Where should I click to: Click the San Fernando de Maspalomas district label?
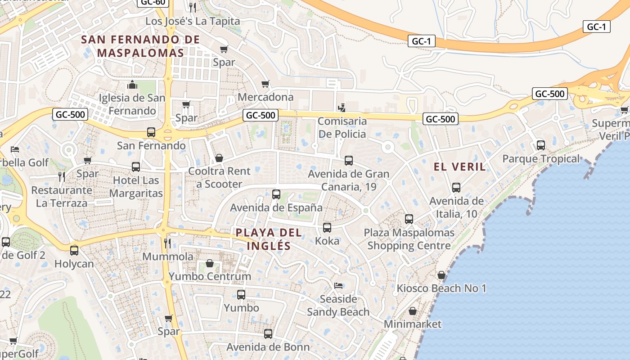[x=140, y=46]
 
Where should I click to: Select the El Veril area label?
[x=460, y=167]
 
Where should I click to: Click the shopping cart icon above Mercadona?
[x=265, y=84]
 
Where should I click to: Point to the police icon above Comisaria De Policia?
[x=342, y=108]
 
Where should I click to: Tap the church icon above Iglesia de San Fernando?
[x=132, y=85]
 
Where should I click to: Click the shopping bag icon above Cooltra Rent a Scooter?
[x=219, y=158]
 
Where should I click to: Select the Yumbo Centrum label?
[x=210, y=276]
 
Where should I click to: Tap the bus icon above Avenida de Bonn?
[x=268, y=334]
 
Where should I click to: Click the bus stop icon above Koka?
[x=327, y=228]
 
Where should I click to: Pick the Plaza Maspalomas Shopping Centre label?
[x=409, y=239]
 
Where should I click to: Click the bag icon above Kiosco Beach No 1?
[x=441, y=275]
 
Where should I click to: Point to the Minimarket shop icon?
[x=413, y=311]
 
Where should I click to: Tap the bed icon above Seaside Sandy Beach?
[x=338, y=286]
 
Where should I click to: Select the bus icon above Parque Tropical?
[x=541, y=145]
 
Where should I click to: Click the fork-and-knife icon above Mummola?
[x=167, y=243]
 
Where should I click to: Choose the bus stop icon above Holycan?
[x=74, y=251]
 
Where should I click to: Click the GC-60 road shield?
[x=153, y=2]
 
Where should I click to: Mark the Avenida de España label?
[x=276, y=208]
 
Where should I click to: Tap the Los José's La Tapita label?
[x=193, y=21]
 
